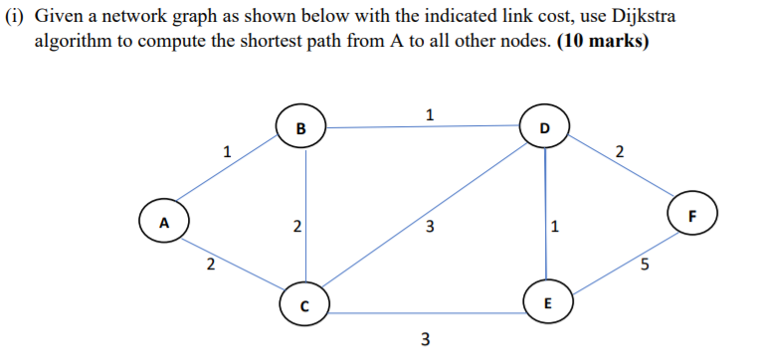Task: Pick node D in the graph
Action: coord(543,128)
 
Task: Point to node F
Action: coord(692,215)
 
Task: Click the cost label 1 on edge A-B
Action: coord(227,152)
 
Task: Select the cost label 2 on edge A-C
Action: coord(209,264)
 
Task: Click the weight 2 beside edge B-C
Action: coord(295,228)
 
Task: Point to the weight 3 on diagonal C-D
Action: coord(429,228)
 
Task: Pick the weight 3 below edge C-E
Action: coord(425,341)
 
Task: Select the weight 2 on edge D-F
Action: coord(621,152)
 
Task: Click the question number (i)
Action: coord(16,19)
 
